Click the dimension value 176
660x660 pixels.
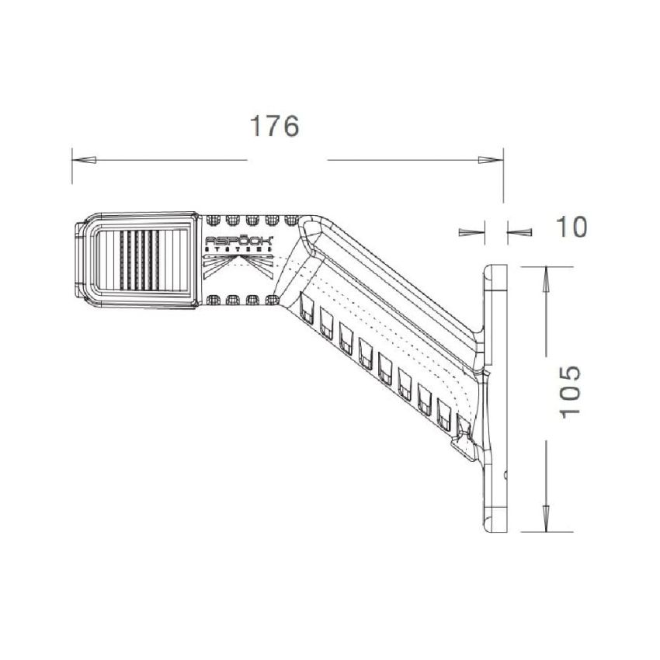point(274,125)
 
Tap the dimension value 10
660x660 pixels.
point(571,228)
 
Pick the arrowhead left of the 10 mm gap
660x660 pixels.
point(471,231)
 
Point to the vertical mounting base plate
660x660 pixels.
point(495,400)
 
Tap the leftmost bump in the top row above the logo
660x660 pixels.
point(214,219)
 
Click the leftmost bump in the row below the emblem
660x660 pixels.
point(214,299)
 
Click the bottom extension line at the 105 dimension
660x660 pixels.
point(544,532)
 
